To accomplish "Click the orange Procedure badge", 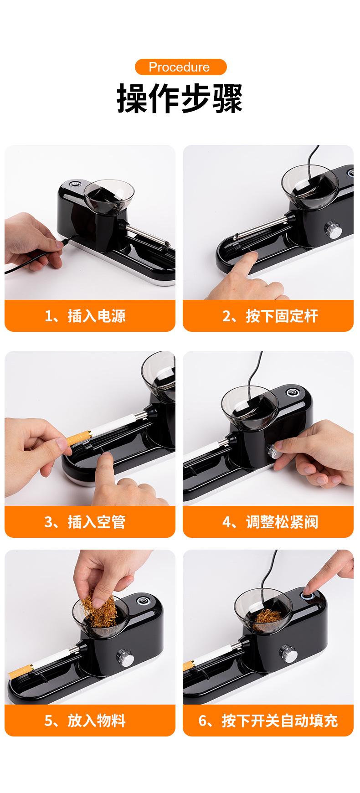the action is (x=180, y=67).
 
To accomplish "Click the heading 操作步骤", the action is (x=180, y=98).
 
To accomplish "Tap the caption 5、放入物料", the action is (x=85, y=721).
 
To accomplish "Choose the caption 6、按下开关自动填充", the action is (x=268, y=721).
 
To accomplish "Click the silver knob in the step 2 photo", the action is (x=330, y=228).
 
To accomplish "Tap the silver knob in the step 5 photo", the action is (x=124, y=656).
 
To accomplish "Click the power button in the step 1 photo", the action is (x=74, y=185).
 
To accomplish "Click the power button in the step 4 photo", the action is (x=290, y=392).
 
